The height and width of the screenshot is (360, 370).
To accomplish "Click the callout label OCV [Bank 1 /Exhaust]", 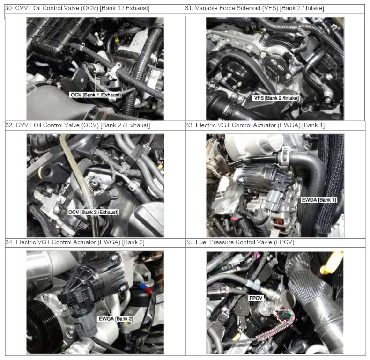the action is [x=96, y=95].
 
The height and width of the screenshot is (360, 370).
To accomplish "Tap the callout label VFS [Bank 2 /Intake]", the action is [x=276, y=98].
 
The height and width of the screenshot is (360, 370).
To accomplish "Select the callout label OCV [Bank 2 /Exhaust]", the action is [x=93, y=212].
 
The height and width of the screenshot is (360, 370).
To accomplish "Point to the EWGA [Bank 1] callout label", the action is [x=319, y=200].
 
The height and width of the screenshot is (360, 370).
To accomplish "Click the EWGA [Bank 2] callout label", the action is [x=116, y=319].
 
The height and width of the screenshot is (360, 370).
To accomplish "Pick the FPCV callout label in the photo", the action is [x=256, y=298].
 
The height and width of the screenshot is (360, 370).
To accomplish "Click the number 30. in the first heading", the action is [x=9, y=8].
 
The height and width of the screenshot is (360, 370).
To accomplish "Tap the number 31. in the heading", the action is [x=189, y=8].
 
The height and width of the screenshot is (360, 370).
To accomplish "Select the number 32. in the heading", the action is [x=9, y=125].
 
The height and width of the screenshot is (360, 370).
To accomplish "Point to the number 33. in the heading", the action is [x=190, y=125].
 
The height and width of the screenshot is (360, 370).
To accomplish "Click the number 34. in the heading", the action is [x=9, y=242].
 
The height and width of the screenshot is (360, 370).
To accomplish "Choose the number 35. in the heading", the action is [x=190, y=242].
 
